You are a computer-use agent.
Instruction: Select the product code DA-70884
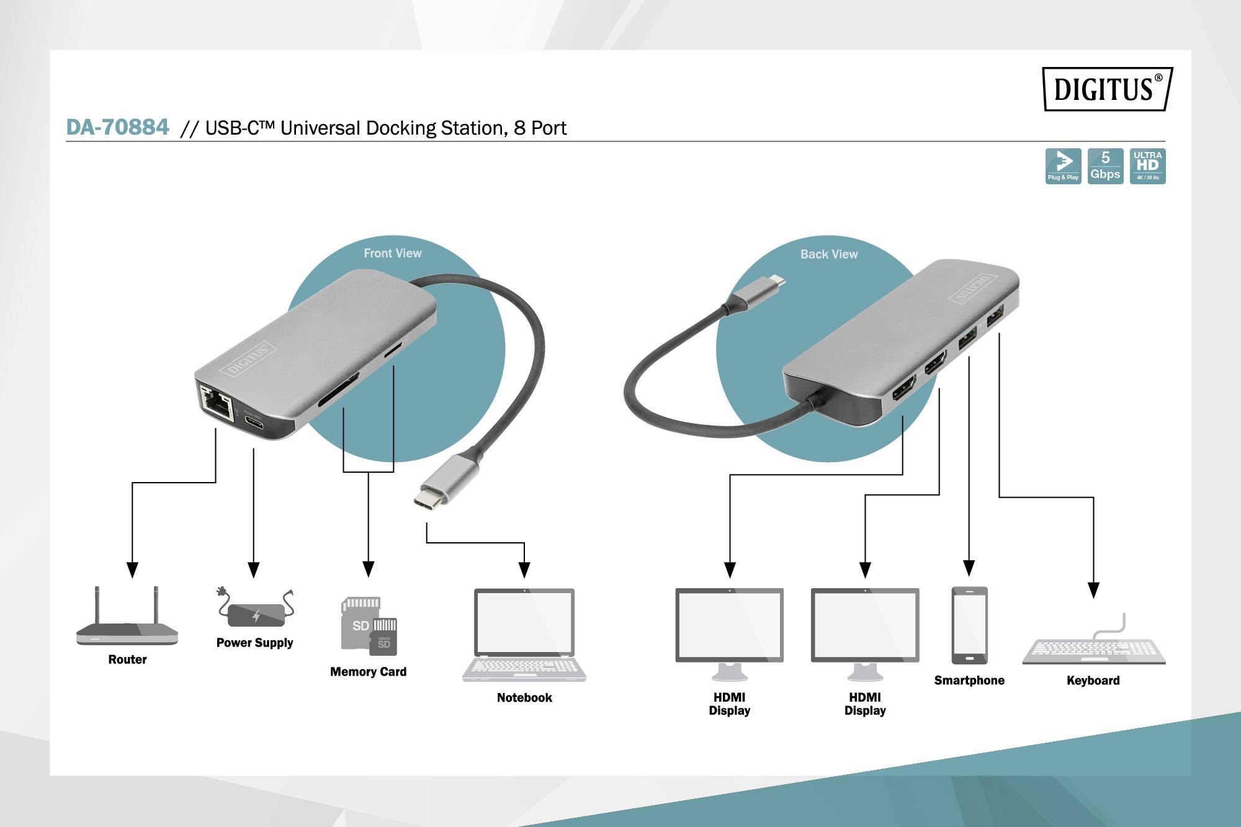point(117,127)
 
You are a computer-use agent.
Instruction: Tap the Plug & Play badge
point(1063,166)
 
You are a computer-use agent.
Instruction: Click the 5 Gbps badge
point(1105,166)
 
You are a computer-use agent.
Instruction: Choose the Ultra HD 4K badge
point(1147,166)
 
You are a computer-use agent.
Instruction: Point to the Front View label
point(392,253)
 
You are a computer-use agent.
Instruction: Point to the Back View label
point(828,254)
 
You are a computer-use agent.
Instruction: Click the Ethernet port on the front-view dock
point(216,402)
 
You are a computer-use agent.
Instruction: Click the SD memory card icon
point(369,626)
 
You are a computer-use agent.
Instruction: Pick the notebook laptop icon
point(524,635)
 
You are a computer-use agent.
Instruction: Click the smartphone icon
point(969,625)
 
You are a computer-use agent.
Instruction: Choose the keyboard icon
point(1093,645)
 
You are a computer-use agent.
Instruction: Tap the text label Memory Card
point(368,672)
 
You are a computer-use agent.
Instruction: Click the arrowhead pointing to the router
point(132,570)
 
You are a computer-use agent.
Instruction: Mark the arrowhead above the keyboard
point(1093,590)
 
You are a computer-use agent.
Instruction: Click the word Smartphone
point(969,680)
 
